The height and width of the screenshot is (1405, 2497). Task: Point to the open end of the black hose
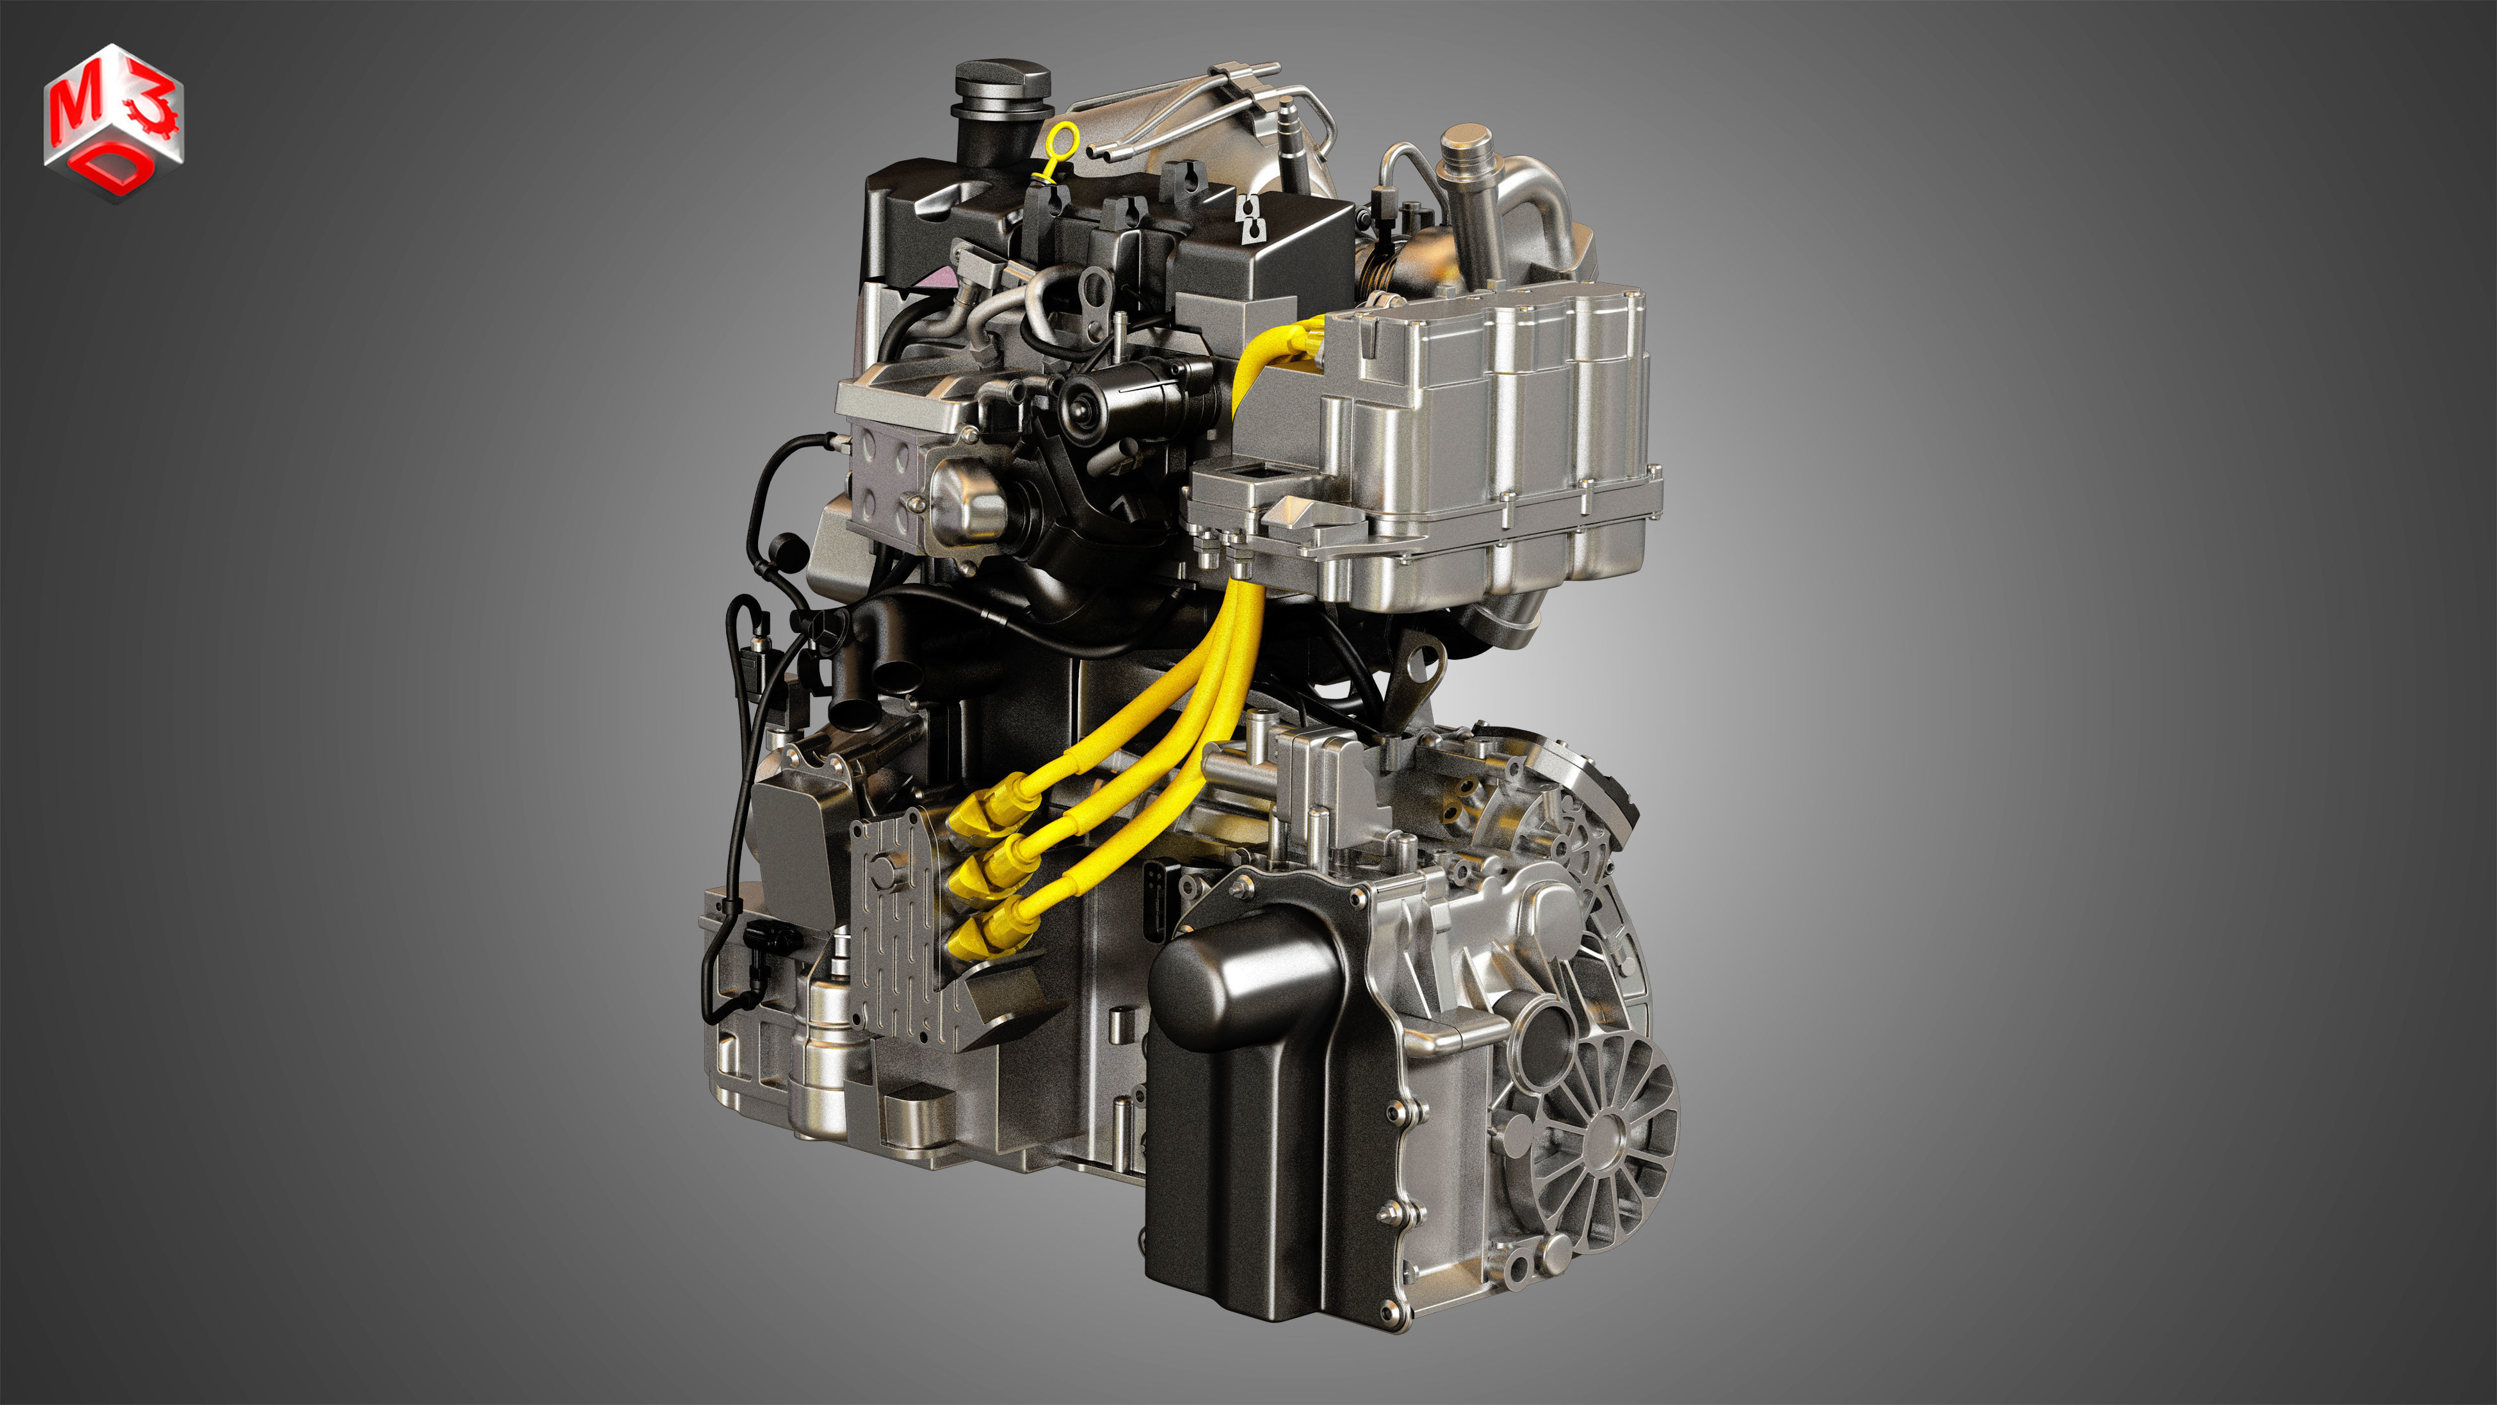pyautogui.click(x=850, y=716)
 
